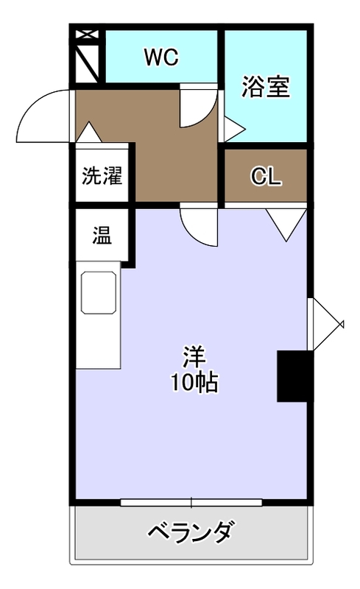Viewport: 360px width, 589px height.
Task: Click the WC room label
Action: click(161, 57)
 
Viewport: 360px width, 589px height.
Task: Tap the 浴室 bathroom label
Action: click(266, 87)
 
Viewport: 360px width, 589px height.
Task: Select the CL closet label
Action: click(266, 176)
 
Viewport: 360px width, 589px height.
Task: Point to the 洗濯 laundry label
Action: click(102, 175)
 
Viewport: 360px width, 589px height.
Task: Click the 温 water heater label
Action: click(102, 235)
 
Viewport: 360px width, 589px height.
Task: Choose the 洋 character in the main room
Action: click(194, 357)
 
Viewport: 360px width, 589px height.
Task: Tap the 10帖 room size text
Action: click(194, 383)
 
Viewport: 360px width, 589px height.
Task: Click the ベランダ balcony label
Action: click(191, 531)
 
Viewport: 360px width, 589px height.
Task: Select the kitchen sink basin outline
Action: click(99, 292)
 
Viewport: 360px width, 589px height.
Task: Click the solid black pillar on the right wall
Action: click(295, 376)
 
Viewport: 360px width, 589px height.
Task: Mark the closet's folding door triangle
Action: click(286, 225)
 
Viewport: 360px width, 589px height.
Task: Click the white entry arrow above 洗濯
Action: click(88, 132)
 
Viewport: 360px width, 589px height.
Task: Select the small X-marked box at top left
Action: click(87, 35)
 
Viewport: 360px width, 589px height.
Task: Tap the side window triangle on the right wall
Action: click(328, 324)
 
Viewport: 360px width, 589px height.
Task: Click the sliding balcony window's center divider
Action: click(191, 503)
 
